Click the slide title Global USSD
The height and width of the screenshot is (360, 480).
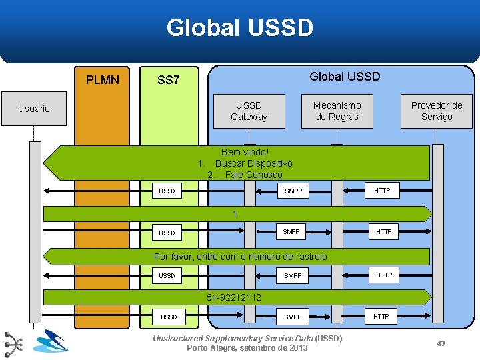239,28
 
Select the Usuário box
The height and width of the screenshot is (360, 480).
34,109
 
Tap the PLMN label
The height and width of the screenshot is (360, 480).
103,80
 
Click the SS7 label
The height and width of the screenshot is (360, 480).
168,80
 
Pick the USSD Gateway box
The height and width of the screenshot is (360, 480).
249,111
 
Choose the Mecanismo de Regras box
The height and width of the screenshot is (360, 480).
337,111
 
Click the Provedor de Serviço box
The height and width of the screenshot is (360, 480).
436,111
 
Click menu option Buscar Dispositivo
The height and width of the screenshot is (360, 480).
253,163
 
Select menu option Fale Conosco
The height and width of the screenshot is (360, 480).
253,175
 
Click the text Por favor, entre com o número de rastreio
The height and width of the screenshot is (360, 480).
241,257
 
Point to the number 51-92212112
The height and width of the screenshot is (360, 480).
234,297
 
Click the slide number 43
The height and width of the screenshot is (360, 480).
441,343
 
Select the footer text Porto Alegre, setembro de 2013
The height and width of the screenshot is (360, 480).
247,348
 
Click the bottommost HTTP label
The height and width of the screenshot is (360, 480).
381,316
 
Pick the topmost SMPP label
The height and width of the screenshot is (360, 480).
293,191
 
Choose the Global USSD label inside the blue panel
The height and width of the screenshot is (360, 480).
345,77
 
